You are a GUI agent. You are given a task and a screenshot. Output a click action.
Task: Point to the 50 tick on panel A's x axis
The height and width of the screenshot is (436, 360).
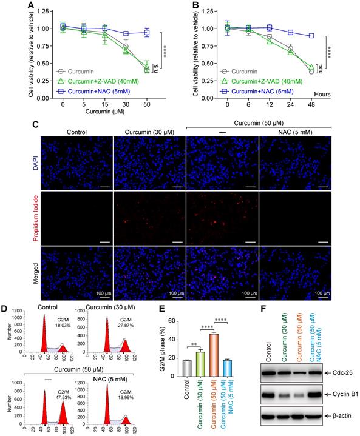[x=146, y=104]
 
